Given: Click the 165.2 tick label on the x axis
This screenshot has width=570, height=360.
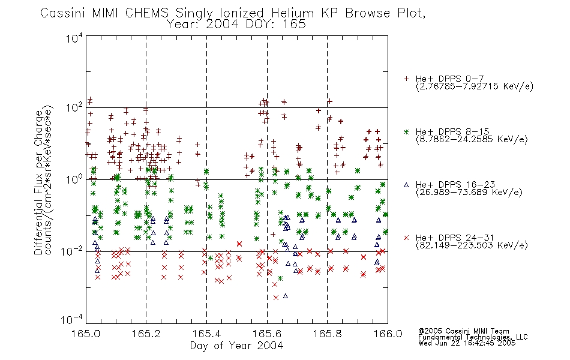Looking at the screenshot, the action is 146,334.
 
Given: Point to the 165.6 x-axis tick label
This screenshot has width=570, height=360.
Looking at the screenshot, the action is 267,334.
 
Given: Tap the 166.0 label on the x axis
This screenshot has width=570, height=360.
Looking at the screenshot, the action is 388,334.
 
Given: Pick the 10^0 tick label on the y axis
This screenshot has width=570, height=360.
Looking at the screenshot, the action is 74,179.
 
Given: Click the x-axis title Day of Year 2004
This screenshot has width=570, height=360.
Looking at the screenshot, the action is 236,346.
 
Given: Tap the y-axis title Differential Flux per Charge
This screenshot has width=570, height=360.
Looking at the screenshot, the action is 38,182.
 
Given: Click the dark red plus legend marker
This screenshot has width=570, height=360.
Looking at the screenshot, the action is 406,79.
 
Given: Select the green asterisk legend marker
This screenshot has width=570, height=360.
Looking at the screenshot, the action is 406,132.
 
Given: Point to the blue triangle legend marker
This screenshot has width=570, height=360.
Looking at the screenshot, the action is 406,185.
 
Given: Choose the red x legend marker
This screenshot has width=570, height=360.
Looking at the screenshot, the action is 406,238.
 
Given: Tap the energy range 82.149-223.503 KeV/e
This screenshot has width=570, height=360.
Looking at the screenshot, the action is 472,245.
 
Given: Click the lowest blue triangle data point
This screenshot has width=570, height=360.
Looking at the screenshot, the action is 286,296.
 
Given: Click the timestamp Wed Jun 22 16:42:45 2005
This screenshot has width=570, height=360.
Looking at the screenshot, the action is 467,343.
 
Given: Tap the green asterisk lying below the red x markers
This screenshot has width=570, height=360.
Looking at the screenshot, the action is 280,278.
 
